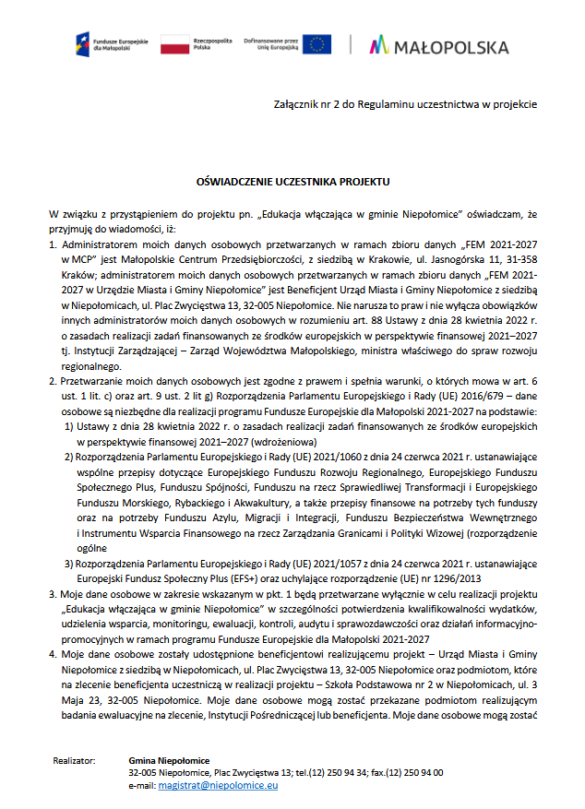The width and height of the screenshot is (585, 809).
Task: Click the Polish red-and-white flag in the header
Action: click(174, 43)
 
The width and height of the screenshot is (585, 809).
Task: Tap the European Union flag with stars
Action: click(316, 43)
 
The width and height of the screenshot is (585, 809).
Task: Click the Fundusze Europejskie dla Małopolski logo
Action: click(108, 43)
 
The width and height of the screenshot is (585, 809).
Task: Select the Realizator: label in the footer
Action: click(75, 760)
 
